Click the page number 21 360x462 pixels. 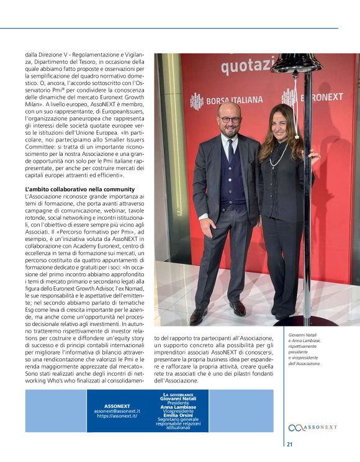(290, 444)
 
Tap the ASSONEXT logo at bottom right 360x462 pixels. (313, 428)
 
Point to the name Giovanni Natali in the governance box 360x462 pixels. (178, 399)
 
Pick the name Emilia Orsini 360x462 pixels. (178, 414)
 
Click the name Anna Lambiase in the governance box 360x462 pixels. (178, 407)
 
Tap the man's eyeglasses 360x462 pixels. (230, 120)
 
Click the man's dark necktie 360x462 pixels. (230, 149)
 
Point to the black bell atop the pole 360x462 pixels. (296, 63)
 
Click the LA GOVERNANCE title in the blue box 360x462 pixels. (178, 394)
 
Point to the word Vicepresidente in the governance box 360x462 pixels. (178, 410)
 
